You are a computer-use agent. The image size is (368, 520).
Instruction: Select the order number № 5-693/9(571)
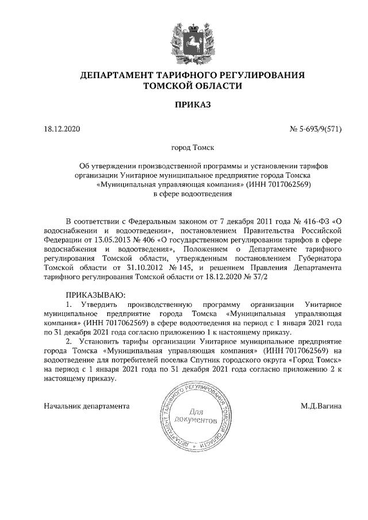[x=316, y=129]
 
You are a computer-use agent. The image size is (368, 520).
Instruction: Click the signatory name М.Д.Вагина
[x=321, y=406]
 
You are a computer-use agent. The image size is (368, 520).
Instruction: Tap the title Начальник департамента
[x=86, y=406]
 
